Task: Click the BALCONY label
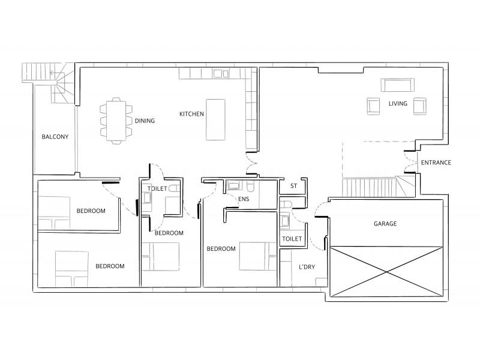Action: pyautogui.click(x=55, y=137)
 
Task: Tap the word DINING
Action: pyautogui.click(x=145, y=121)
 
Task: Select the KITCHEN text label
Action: pyautogui.click(x=191, y=113)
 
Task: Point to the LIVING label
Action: pyautogui.click(x=397, y=104)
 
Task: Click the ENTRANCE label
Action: pyautogui.click(x=436, y=163)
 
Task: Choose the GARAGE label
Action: pyautogui.click(x=386, y=223)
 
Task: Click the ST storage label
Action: pyautogui.click(x=293, y=186)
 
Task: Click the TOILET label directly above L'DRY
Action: pyautogui.click(x=292, y=239)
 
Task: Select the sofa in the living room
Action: pyautogui.click(x=397, y=85)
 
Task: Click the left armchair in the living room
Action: pyautogui.click(x=374, y=106)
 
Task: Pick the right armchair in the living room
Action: pyautogui.click(x=419, y=106)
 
